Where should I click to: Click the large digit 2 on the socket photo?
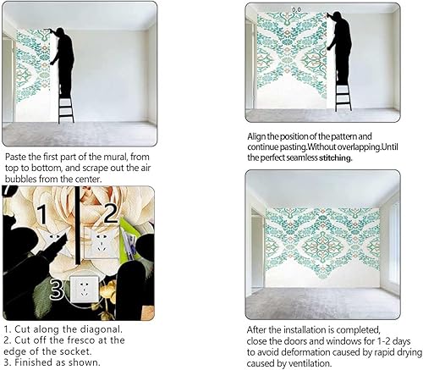click(x=109, y=211)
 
